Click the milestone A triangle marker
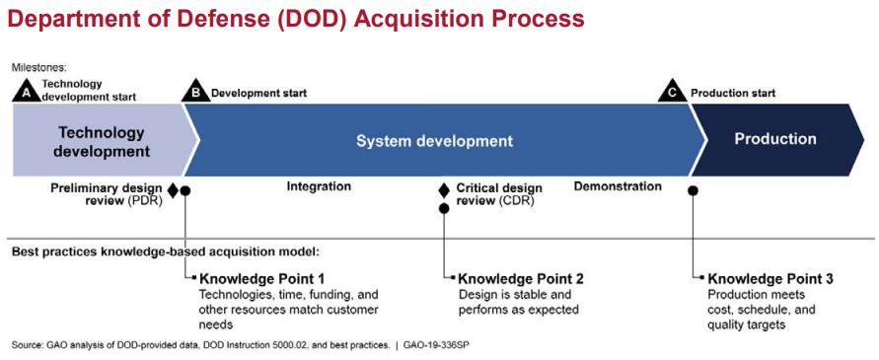click(25, 92)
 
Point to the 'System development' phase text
click(434, 141)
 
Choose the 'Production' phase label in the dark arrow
click(775, 138)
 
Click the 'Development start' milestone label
click(259, 93)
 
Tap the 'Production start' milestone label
click(733, 93)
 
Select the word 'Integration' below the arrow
click(319, 185)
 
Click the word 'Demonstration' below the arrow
click(618, 185)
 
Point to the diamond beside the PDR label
click(173, 190)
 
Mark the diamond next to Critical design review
click(443, 190)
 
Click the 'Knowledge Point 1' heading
click(262, 278)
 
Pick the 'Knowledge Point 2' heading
click(521, 278)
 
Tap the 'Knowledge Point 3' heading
click(770, 278)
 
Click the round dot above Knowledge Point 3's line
click(694, 190)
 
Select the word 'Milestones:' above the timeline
click(38, 67)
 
